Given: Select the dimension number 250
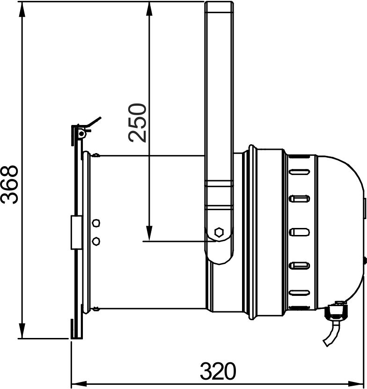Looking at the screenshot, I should tap(139, 123).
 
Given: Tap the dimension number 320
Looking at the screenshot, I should tap(218, 372).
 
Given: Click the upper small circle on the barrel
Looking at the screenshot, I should tap(96, 223).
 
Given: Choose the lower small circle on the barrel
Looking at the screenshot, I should tap(96, 241).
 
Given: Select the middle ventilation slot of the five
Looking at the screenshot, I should tap(300, 232).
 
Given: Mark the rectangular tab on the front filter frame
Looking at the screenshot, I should tap(75, 233).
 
